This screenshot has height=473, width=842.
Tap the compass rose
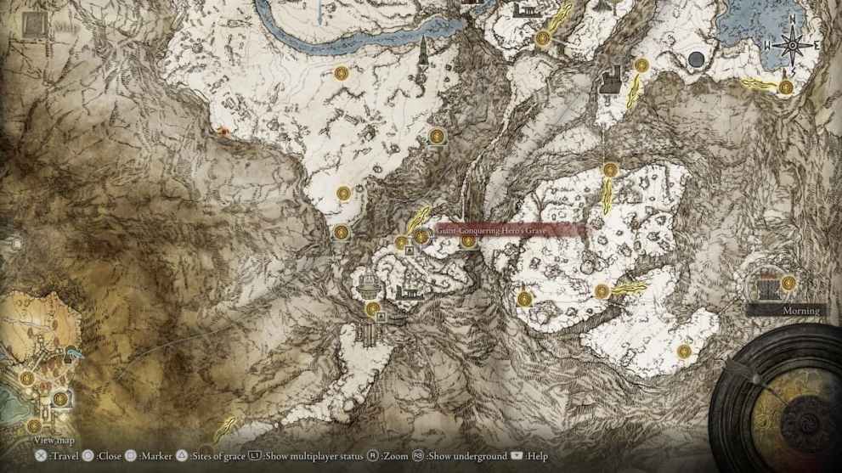(792, 44)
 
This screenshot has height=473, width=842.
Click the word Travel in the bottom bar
(64, 457)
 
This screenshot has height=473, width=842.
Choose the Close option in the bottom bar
(110, 457)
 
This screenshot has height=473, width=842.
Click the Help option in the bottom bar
(537, 457)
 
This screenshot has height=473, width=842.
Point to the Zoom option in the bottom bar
(396, 457)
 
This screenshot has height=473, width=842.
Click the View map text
(54, 440)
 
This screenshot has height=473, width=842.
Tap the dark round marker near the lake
(697, 59)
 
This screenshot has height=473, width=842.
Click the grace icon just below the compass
(786, 86)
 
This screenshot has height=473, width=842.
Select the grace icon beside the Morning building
(788, 283)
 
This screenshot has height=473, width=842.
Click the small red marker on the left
(223, 131)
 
